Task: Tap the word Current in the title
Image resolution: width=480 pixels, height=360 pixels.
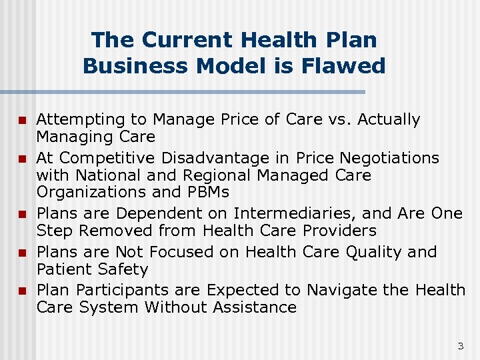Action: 181,39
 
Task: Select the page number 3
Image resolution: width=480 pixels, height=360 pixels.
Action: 460,346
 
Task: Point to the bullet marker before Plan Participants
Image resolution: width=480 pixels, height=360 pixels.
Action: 22,291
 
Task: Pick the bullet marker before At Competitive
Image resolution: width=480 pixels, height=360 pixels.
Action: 22,159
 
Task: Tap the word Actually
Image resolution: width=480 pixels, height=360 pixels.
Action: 389,120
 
